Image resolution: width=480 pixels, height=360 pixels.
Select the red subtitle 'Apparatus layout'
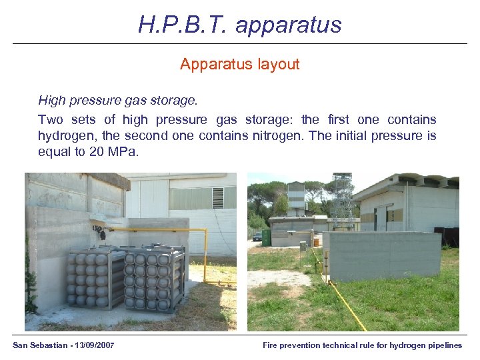(x=239, y=65)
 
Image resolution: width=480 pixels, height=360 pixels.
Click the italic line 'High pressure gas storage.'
(x=118, y=101)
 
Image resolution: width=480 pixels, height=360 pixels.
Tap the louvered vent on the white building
(x=217, y=197)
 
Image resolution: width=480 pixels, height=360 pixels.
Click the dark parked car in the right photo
(x=257, y=236)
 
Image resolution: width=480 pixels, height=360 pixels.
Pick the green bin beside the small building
(x=266, y=237)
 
